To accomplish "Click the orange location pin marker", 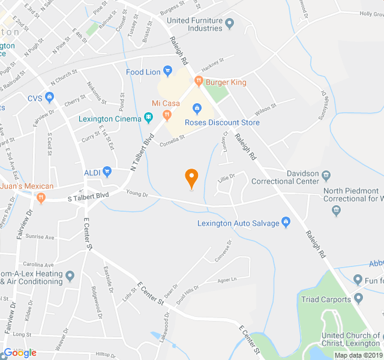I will (x=191, y=178).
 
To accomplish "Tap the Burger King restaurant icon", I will (x=198, y=82).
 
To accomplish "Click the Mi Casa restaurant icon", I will (x=167, y=115).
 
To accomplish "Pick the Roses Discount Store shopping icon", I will (x=196, y=109).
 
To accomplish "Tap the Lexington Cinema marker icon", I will (x=148, y=118).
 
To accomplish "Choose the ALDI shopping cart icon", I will (x=107, y=172).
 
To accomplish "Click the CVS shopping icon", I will (x=49, y=98).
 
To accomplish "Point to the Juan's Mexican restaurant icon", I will (x=41, y=197).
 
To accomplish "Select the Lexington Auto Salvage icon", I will (x=286, y=223).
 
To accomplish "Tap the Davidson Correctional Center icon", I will (x=327, y=175).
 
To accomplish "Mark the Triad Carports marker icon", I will (x=359, y=298).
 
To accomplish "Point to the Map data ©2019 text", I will (x=358, y=355).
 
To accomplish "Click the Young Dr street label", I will (x=137, y=193).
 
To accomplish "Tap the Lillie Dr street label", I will (x=225, y=176).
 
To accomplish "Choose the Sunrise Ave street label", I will (x=40, y=237).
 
